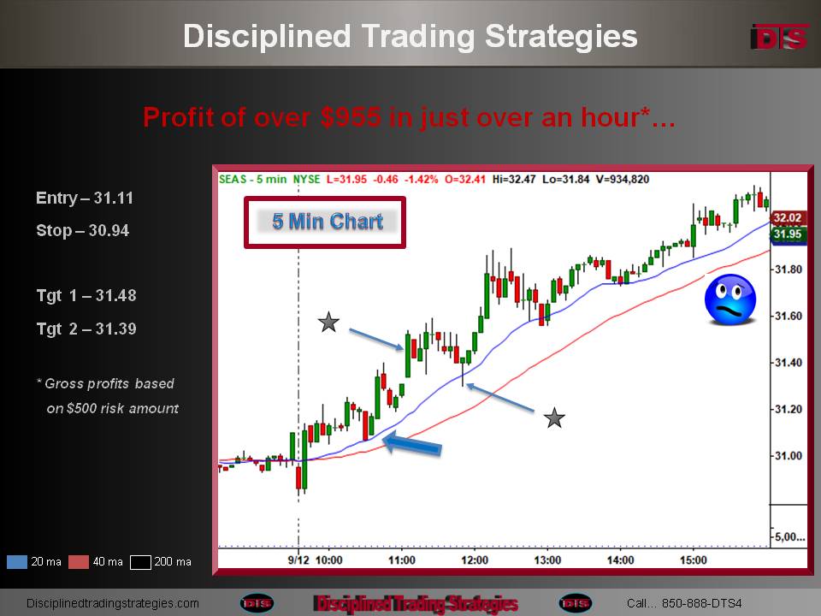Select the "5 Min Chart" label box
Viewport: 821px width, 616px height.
(325, 222)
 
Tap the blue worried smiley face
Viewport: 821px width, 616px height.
(730, 299)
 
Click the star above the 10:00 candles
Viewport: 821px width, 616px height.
(328, 323)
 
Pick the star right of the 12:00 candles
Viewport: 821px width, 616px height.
(554, 418)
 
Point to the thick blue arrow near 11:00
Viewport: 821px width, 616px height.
(412, 444)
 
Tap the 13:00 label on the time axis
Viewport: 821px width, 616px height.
(547, 560)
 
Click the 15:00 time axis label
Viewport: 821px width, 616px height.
(694, 560)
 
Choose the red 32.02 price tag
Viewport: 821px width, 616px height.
(788, 218)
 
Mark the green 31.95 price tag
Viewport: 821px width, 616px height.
(788, 234)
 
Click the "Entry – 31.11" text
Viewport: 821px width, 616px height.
(85, 198)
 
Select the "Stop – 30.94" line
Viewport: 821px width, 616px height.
(83, 230)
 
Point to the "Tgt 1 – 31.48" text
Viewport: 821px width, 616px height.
(86, 295)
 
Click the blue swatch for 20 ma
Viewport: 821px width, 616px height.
(17, 562)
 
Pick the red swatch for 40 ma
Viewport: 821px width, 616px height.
(79, 562)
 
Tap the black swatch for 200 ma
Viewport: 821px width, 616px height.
(140, 562)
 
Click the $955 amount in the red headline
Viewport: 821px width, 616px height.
(351, 117)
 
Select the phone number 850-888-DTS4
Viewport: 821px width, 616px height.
(701, 603)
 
